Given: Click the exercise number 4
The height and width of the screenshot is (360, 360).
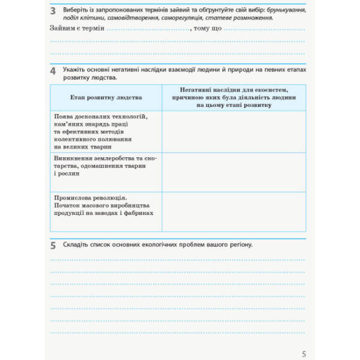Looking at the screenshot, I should click(53, 73).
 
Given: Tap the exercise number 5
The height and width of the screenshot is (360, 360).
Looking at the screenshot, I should click(53, 245).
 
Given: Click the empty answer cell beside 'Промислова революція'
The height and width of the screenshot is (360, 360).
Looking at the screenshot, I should click(234, 209).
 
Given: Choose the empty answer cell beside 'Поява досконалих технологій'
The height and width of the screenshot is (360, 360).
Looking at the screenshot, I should click(234, 130).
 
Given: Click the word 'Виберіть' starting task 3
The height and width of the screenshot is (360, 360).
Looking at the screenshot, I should click(77, 10).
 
